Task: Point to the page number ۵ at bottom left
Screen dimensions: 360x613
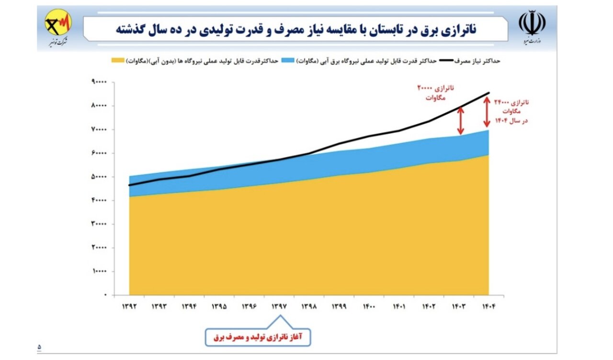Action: [x=39, y=346]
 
